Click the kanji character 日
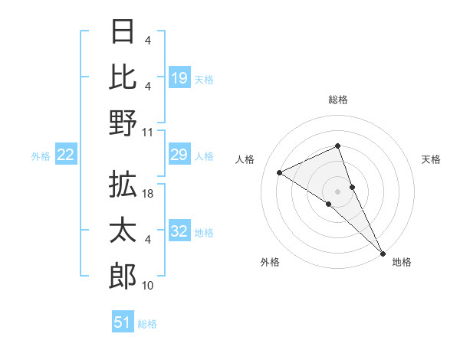tap(123, 31)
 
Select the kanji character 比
tap(123, 77)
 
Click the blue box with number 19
tap(179, 77)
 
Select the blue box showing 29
tap(179, 155)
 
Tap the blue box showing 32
tap(179, 232)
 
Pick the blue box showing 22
tap(66, 155)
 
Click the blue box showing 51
tap(123, 322)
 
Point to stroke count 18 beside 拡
tap(149, 195)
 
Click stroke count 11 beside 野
tap(149, 132)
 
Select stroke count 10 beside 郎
tap(149, 286)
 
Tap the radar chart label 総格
tap(338, 100)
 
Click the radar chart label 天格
tap(431, 159)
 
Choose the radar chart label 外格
tap(269, 262)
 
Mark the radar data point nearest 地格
tap(383, 252)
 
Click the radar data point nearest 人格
tap(280, 172)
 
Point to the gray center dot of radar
tap(337, 191)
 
